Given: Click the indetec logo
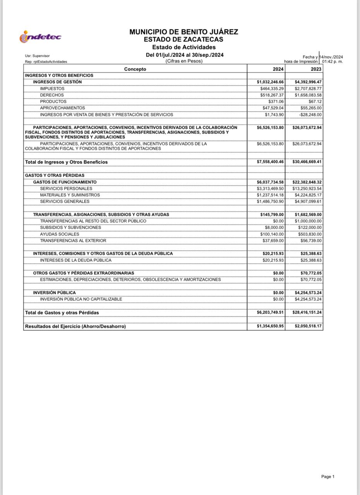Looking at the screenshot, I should click(x=40, y=37).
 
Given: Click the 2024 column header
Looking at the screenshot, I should click(x=278, y=69).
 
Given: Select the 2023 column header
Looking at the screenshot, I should click(x=316, y=69).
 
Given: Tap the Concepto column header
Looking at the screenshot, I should click(x=135, y=69).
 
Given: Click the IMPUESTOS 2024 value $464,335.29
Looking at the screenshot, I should click(x=272, y=89).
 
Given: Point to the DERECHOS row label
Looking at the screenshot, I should click(x=52, y=95).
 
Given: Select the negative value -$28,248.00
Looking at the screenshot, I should click(x=310, y=115).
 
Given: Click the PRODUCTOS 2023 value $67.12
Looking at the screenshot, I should click(x=315, y=102).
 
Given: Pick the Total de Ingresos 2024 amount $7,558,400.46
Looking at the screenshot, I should click(x=270, y=162).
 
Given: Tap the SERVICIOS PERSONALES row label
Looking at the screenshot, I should click(x=66, y=188).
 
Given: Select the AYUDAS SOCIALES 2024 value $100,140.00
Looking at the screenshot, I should click(x=273, y=234).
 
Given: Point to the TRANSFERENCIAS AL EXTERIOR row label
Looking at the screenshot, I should click(x=73, y=241).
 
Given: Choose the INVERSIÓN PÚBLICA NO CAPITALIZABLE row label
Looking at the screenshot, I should click(x=81, y=299).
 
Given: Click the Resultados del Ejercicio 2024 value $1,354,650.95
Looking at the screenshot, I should click(x=270, y=326).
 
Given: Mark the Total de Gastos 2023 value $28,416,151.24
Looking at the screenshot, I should click(x=307, y=312).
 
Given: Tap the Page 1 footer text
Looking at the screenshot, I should click(x=327, y=476).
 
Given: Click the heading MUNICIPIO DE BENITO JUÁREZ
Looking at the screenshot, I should click(x=183, y=32).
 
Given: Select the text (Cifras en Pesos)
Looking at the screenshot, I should click(x=184, y=61).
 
